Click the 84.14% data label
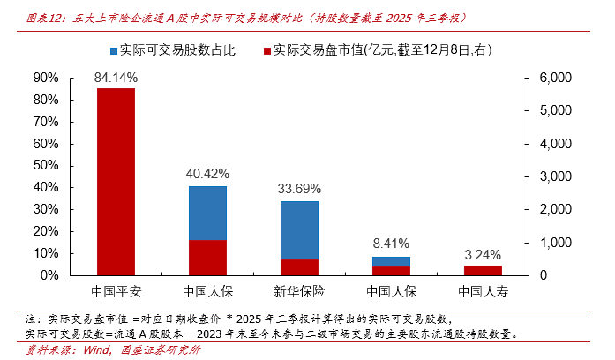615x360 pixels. point(116,78)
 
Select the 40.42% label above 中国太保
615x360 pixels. point(207,173)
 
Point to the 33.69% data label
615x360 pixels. point(299,189)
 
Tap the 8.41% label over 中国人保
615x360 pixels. point(391,244)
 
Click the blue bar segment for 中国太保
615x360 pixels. point(207,213)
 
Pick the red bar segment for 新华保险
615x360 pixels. point(299,266)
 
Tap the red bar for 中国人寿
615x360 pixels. point(483,270)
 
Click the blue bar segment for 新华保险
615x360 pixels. point(299,230)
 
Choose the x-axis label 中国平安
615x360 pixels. point(116,290)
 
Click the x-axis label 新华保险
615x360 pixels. point(299,290)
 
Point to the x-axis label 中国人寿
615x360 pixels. point(483,290)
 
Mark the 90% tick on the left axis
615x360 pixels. point(46,78)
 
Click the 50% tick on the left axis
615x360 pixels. point(46,165)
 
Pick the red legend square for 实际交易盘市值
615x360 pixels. point(267,50)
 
